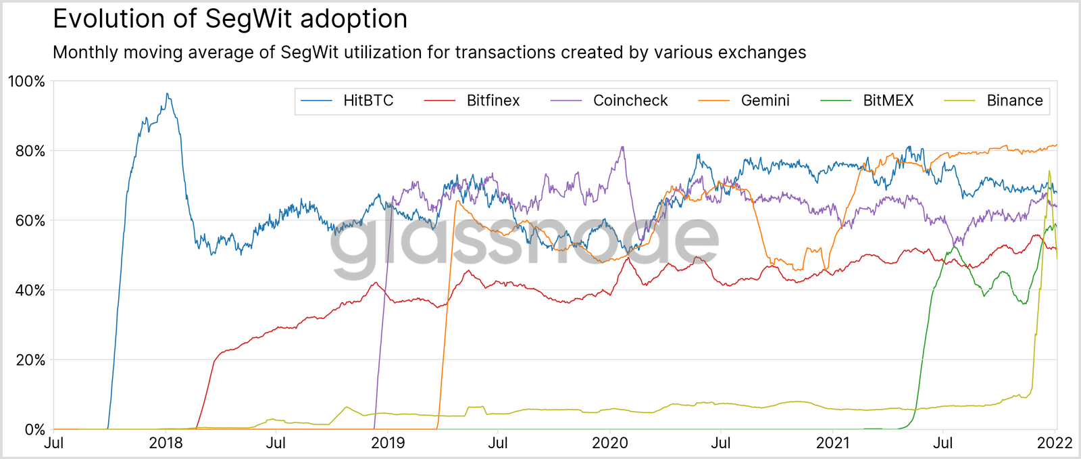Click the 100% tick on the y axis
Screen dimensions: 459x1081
click(x=26, y=82)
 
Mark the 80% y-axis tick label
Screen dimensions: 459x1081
click(x=30, y=151)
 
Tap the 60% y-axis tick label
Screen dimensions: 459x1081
click(x=30, y=221)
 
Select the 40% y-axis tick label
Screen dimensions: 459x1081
click(x=30, y=291)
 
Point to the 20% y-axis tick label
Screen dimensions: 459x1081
click(x=30, y=360)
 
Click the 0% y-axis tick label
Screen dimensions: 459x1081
click(x=34, y=430)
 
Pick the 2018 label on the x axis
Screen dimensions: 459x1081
click(x=166, y=443)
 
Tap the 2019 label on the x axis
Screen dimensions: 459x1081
click(x=388, y=443)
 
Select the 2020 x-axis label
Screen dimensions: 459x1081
click(x=610, y=443)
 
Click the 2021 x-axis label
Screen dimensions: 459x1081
click(x=832, y=443)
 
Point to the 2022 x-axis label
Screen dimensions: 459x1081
click(x=1055, y=443)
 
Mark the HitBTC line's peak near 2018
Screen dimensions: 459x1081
click(x=167, y=94)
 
